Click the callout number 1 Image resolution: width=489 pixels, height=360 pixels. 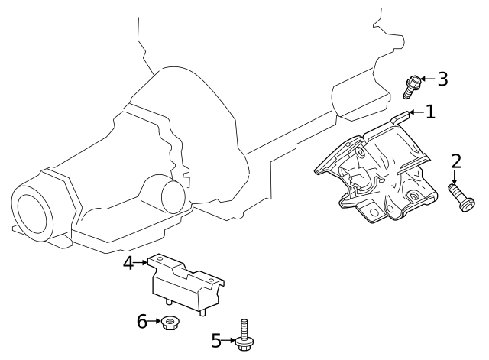coord(430,112)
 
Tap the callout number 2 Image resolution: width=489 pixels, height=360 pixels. coord(455,161)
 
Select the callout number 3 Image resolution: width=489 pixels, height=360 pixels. coord(442,79)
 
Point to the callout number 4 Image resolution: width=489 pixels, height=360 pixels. coord(128,263)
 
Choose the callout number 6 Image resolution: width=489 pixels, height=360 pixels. coord(142,322)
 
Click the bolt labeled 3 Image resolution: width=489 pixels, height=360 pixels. coord(412,86)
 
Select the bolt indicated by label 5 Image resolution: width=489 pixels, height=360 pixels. coord(244,336)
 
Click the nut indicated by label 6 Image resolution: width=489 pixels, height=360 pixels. coord(171,324)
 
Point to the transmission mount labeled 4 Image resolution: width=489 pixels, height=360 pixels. coord(184,286)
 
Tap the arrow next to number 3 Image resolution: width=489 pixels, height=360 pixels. coord(427,79)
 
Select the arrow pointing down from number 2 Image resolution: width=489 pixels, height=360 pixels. coord(455,177)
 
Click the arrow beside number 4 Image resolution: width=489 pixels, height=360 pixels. coord(143,263)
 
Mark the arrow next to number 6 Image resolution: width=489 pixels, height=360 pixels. coord(154,322)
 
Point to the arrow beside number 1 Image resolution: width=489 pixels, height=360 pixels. coord(416,113)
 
